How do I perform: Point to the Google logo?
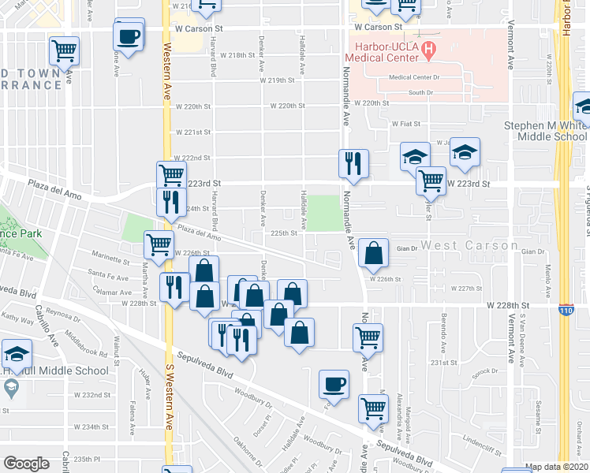click(27, 464)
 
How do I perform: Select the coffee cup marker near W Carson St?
click(129, 35)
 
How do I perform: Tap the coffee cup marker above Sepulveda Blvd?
click(334, 385)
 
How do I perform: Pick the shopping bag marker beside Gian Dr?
click(374, 253)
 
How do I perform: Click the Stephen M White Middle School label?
click(553, 131)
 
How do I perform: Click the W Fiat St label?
click(407, 123)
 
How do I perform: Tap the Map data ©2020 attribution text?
click(557, 467)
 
